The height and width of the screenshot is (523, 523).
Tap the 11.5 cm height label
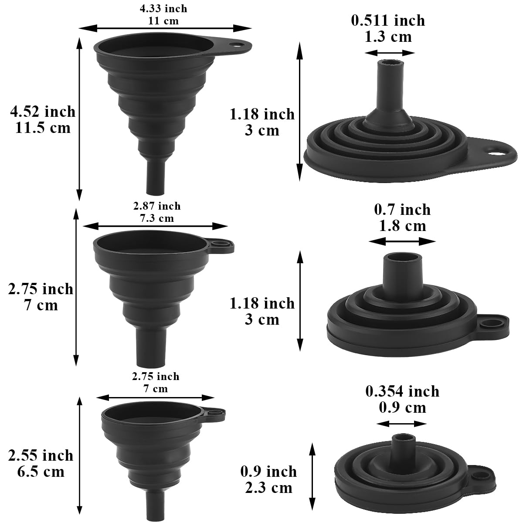tap(41, 129)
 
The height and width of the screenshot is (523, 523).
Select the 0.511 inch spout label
tap(388, 20)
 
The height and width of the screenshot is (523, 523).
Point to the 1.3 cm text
tap(388, 37)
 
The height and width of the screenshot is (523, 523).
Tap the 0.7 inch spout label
tap(402, 210)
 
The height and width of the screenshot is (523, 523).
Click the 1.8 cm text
tap(402, 226)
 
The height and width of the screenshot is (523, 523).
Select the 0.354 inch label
tap(402, 391)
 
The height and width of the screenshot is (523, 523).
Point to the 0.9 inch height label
tap(268, 471)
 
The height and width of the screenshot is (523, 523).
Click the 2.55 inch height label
tap(41, 455)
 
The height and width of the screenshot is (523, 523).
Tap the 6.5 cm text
tap(41, 472)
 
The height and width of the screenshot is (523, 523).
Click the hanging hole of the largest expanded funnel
tap(238, 44)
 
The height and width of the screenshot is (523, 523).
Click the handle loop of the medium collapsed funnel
tap(494, 323)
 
